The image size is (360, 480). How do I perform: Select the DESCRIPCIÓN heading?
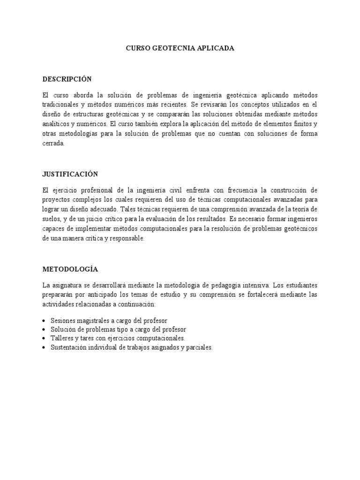[67, 79]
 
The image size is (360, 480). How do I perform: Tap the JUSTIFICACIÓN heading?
[70, 174]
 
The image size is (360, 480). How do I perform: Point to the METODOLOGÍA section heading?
[70, 269]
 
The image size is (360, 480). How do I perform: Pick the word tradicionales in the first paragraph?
[59, 105]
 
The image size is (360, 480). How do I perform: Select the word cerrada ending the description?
[52, 144]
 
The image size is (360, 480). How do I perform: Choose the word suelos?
[52, 219]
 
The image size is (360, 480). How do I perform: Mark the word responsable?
[127, 239]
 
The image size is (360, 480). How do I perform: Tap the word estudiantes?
[300, 285]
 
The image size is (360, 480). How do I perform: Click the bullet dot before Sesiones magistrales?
[44, 321]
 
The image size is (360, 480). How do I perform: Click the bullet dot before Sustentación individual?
[44, 348]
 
